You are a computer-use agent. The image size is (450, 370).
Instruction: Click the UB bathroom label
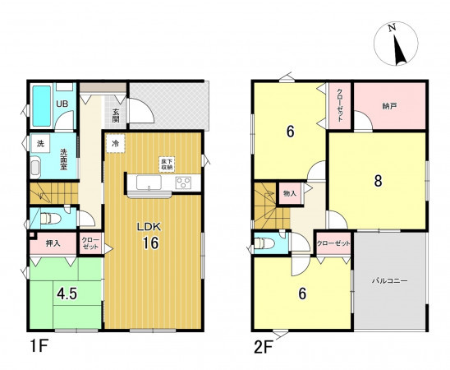pyautogui.click(x=62, y=104)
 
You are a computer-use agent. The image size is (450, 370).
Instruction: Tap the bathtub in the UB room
pyautogui.click(x=42, y=106)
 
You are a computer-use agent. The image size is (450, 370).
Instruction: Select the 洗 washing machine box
pyautogui.click(x=40, y=143)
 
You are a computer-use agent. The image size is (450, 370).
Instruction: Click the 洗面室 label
pyautogui.click(x=63, y=160)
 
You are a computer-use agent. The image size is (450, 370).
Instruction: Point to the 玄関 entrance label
pyautogui.click(x=116, y=115)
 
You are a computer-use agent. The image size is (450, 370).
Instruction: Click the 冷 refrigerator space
pyautogui.click(x=115, y=143)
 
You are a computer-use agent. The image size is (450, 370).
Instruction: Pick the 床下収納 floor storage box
pyautogui.click(x=167, y=164)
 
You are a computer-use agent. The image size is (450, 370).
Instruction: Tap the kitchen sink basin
pyautogui.click(x=149, y=183)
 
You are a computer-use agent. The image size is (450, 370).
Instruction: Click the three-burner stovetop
pyautogui.click(x=184, y=183)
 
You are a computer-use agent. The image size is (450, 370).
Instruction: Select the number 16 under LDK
pyautogui.click(x=150, y=243)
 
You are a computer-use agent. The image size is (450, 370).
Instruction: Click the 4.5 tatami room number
pyautogui.click(x=67, y=294)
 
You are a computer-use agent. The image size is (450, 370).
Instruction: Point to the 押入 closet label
pyautogui.click(x=53, y=243)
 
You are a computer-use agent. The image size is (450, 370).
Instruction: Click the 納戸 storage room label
pyautogui.click(x=389, y=106)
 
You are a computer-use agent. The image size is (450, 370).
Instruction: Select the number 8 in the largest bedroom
pyautogui.click(x=378, y=181)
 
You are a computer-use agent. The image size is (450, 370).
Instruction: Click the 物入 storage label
pyautogui.click(x=290, y=193)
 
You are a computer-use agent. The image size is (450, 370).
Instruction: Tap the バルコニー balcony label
pyautogui.click(x=390, y=280)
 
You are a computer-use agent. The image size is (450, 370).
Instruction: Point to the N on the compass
pyautogui.click(x=392, y=27)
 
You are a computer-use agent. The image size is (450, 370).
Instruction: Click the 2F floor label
pyautogui.click(x=263, y=348)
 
